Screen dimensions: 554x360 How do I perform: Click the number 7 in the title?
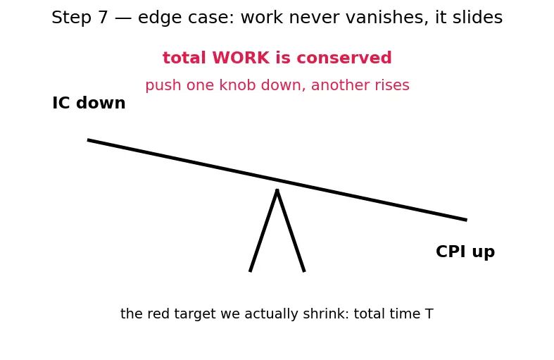[x=103, y=18]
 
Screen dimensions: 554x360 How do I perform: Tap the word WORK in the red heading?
[x=241, y=58]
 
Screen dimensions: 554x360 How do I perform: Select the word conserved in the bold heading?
[x=344, y=58]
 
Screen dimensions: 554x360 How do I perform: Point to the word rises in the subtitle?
[x=392, y=85]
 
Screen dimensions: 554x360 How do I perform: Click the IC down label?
[x=89, y=103]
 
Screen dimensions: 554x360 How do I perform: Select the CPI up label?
[x=465, y=252]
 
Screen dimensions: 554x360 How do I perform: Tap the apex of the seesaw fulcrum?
[x=277, y=190]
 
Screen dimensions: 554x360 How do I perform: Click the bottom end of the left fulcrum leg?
[x=250, y=271]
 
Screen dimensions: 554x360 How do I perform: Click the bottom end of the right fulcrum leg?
[x=304, y=271]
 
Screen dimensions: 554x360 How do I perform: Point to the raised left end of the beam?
[x=88, y=140]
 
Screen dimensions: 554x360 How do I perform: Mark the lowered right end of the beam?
[x=467, y=220]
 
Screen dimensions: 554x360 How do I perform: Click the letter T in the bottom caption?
[x=429, y=314]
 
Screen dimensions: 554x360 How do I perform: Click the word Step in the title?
[x=72, y=18]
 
